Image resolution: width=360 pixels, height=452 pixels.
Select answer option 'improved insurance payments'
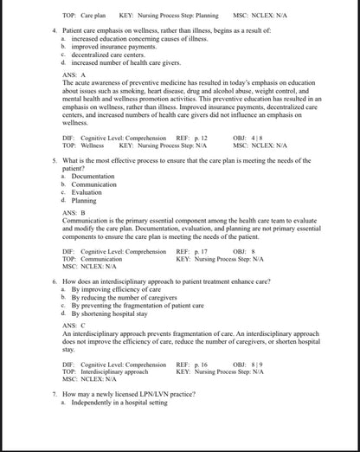[x=106, y=48]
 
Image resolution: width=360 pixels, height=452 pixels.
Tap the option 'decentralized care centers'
[x=105, y=55]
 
